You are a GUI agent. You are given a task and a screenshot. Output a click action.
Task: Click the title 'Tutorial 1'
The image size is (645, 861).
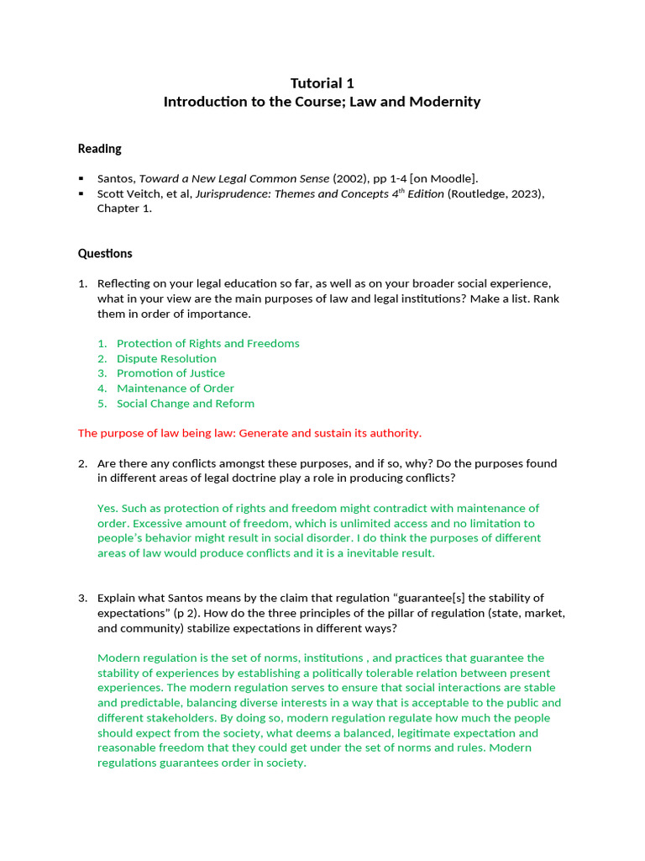click(322, 83)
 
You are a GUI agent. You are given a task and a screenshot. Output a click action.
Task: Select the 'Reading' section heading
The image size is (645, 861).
click(100, 149)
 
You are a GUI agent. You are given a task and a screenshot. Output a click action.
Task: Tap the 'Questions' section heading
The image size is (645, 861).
click(105, 253)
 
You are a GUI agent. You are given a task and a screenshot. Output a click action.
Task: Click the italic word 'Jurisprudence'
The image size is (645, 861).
click(231, 194)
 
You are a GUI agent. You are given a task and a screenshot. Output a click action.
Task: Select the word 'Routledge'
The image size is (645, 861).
click(481, 194)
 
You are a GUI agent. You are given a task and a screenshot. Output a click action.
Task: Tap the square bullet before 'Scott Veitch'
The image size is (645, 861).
click(81, 194)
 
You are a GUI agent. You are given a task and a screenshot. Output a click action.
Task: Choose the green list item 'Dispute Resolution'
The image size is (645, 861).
click(166, 358)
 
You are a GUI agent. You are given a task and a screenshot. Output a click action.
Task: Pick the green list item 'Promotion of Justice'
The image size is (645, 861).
click(170, 373)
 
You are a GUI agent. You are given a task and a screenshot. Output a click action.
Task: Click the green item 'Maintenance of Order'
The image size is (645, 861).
click(176, 388)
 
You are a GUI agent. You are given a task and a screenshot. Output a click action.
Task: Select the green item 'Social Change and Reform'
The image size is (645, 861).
click(186, 404)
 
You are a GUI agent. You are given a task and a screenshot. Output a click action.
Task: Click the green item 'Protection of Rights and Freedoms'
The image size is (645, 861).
click(207, 343)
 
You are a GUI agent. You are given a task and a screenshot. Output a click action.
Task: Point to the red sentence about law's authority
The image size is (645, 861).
click(249, 433)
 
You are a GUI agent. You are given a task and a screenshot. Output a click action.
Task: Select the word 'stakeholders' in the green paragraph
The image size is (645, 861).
click(202, 718)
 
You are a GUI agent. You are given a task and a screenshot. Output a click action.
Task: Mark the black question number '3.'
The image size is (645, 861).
click(83, 598)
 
